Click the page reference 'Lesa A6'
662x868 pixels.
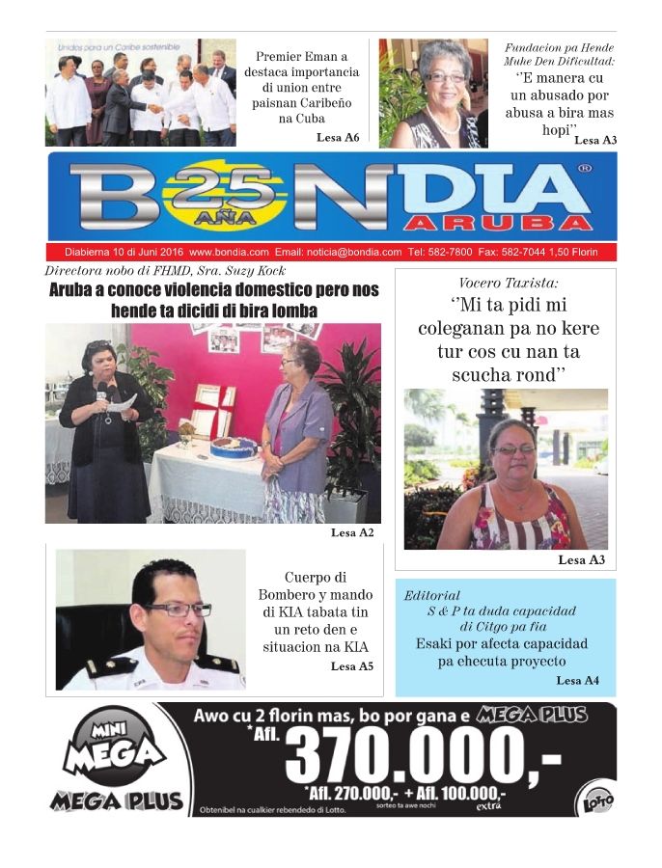(x=337, y=138)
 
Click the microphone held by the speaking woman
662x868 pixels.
(x=102, y=392)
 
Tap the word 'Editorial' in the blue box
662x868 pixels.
(x=432, y=595)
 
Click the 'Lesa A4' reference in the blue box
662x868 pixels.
(x=577, y=681)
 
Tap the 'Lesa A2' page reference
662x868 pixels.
(x=352, y=532)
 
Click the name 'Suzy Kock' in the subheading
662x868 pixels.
(x=256, y=271)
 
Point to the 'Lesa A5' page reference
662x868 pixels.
(x=351, y=666)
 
